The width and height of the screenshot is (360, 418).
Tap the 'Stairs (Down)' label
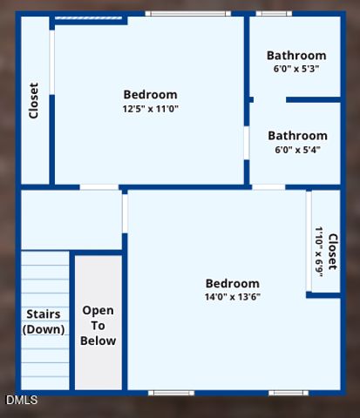44,321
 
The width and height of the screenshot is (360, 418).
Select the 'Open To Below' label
98,325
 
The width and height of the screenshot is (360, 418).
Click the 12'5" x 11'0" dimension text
150,109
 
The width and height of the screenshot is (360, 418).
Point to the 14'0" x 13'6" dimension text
232,297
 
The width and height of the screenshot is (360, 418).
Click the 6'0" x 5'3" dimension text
296,69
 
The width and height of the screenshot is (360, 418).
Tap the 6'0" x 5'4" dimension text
297,150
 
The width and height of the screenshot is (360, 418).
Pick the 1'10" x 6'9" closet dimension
319,252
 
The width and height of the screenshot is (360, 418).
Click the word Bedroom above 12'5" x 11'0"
150,95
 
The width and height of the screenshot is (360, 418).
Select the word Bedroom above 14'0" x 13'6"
232,283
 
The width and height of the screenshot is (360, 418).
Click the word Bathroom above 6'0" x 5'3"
296,56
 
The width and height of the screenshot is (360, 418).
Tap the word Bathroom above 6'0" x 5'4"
297,136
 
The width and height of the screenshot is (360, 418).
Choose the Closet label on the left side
34,100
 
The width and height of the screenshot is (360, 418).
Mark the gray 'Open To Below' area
98,366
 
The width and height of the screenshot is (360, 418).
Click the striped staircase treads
44,279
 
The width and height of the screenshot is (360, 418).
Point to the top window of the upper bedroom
187,13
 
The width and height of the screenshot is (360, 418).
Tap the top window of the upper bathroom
273,13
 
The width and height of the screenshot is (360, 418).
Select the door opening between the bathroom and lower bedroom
268,186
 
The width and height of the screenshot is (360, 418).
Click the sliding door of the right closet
309,241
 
